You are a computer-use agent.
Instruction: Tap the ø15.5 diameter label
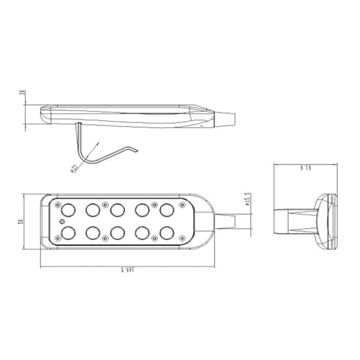pos(246,199)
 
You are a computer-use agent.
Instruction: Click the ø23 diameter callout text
pos(74,170)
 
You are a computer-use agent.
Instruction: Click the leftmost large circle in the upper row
pos(68,209)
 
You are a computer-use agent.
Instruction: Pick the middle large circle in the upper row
pos(117,210)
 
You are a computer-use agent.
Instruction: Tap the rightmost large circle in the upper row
pos(167,210)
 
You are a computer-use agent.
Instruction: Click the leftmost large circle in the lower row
pos(68,233)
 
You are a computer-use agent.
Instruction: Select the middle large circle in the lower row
pos(117,233)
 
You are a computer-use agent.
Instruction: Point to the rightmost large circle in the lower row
pos(167,233)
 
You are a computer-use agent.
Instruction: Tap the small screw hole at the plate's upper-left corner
pos(55,204)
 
